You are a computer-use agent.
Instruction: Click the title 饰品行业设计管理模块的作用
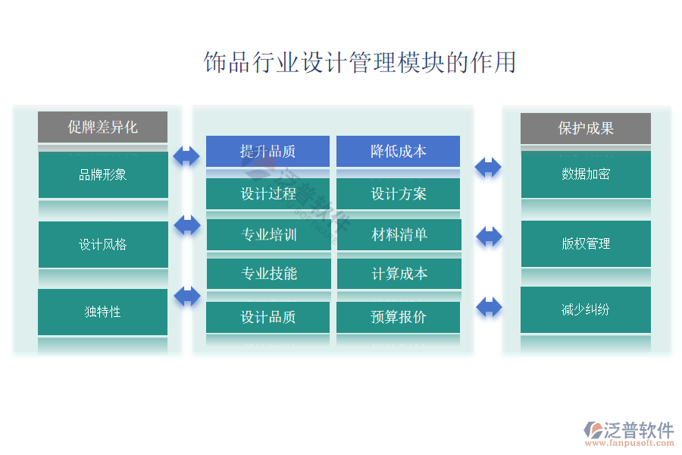click(360, 62)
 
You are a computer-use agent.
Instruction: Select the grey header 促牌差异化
click(103, 127)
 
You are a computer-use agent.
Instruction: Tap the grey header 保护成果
click(585, 128)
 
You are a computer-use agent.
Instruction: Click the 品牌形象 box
click(103, 175)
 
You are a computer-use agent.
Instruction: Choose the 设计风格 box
click(103, 244)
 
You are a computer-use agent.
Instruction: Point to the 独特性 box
click(103, 312)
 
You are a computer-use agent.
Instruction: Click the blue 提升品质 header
click(267, 151)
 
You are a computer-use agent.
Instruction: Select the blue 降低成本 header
click(398, 151)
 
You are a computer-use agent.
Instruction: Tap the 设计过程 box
click(267, 193)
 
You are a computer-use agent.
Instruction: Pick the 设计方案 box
click(398, 193)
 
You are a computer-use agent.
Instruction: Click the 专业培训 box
click(268, 235)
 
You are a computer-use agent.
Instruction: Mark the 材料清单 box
click(399, 235)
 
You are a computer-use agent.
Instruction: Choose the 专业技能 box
click(268, 274)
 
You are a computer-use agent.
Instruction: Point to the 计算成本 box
click(399, 274)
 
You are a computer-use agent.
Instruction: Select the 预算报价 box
click(398, 317)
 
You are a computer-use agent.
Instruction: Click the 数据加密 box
click(585, 174)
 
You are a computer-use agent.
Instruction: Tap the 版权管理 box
click(585, 243)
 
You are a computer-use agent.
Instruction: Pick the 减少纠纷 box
click(585, 309)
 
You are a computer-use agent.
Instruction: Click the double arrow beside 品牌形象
click(186, 156)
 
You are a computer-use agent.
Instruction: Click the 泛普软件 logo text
click(638, 431)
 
